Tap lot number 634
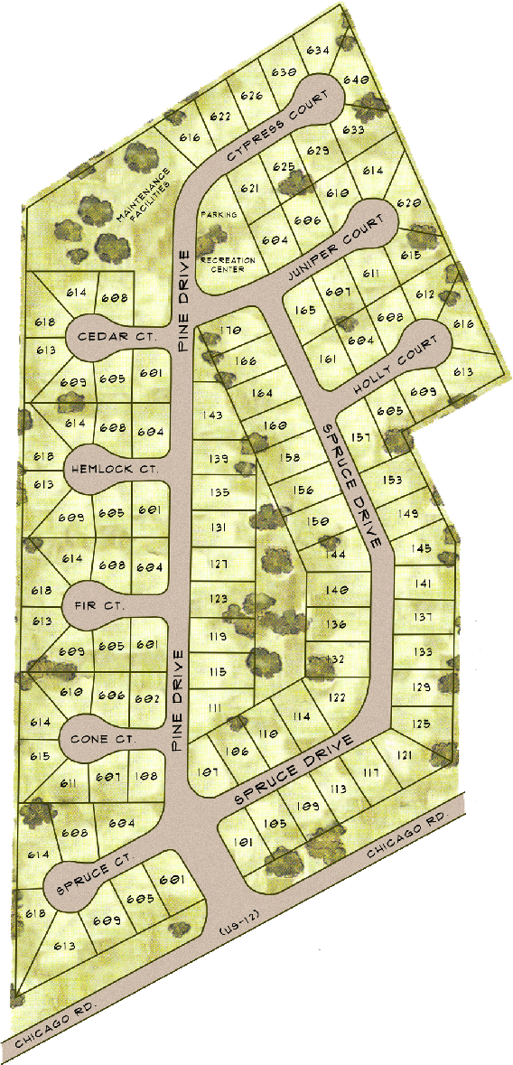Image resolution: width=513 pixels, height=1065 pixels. tap(317, 51)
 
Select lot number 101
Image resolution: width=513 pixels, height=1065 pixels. tap(241, 843)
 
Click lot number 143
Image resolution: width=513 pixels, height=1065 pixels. tap(214, 416)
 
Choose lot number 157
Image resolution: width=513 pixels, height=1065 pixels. tap(361, 438)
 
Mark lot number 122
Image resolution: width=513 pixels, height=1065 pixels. tap(337, 697)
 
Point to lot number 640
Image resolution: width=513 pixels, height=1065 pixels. tap(356, 80)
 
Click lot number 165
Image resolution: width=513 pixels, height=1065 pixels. tap(304, 311)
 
